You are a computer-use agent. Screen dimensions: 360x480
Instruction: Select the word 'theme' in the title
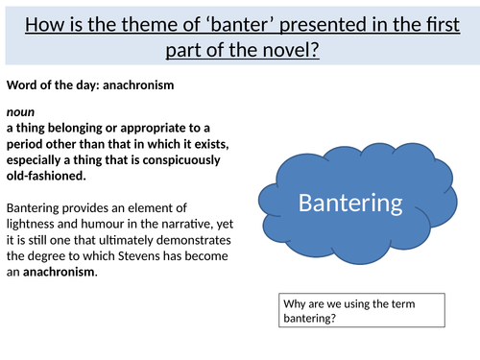point(164,20)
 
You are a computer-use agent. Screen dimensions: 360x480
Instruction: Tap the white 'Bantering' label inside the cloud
point(351,204)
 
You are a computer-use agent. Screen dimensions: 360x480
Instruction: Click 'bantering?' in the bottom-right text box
point(312,318)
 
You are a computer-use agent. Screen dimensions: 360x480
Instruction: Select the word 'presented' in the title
point(332,20)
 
